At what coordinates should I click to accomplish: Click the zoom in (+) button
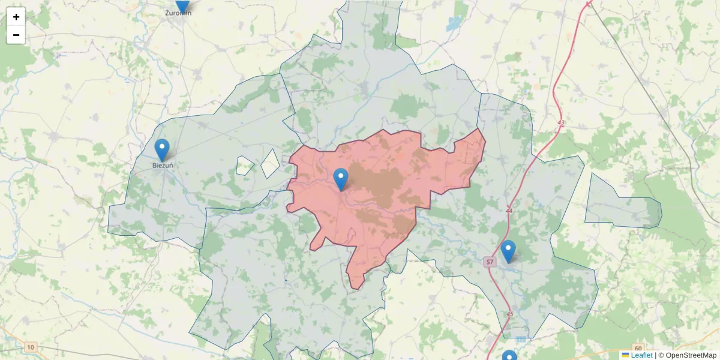click(x=16, y=17)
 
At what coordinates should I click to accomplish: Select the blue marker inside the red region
click(x=341, y=179)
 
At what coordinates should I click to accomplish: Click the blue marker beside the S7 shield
click(x=508, y=251)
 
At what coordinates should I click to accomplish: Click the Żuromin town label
click(x=178, y=13)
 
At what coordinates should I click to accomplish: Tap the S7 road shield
click(x=490, y=262)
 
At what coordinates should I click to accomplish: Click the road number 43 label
click(x=561, y=123)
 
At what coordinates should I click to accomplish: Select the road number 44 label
click(x=509, y=211)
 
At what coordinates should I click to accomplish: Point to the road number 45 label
click(x=509, y=314)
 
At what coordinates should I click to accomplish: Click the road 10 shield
click(x=31, y=347)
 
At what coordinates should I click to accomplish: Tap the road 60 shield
click(x=637, y=348)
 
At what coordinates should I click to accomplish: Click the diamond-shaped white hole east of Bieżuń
click(x=270, y=163)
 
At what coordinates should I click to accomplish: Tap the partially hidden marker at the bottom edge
click(x=509, y=355)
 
